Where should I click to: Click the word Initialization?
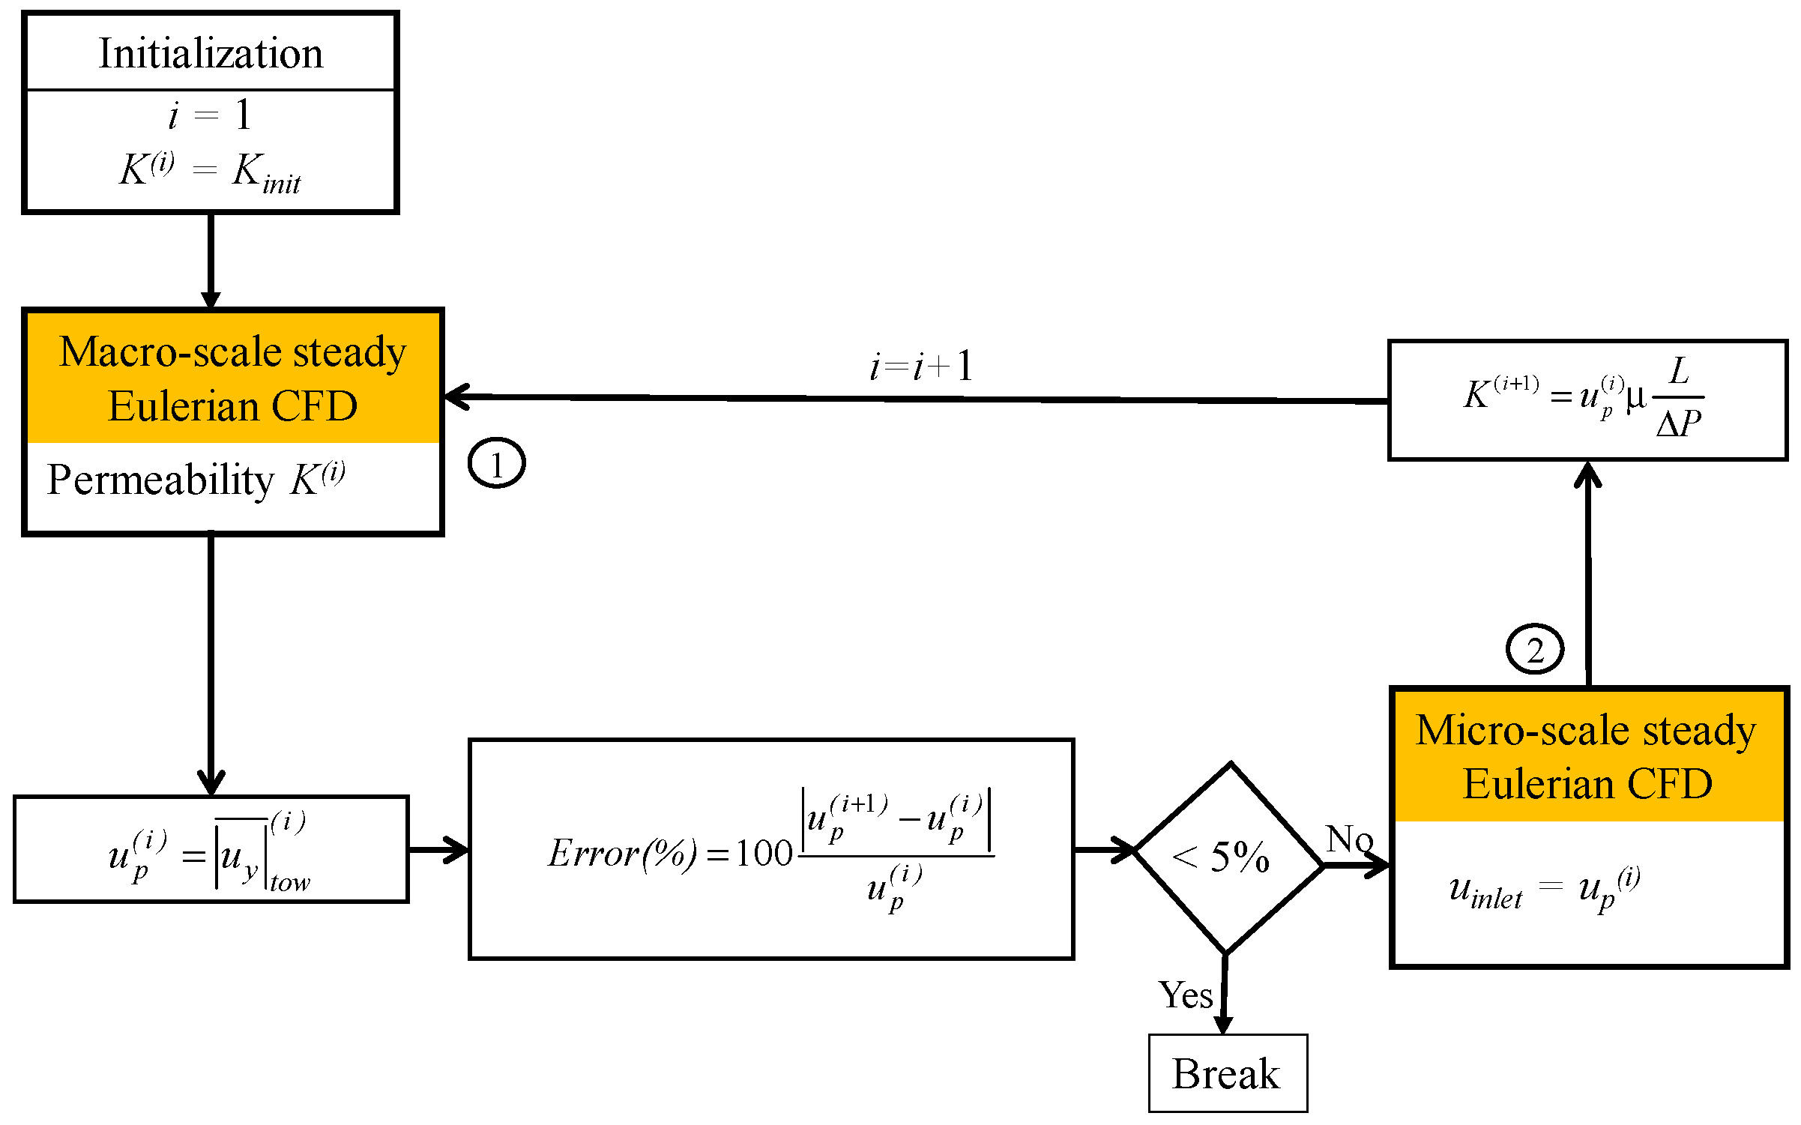click(x=211, y=54)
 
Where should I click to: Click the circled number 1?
click(x=496, y=463)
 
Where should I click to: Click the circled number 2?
click(x=1534, y=649)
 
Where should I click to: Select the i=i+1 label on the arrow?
click(x=921, y=367)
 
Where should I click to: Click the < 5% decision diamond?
click(x=1228, y=857)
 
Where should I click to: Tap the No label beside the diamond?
click(x=1348, y=839)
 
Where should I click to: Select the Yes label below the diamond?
click(x=1185, y=995)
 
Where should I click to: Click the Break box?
click(x=1228, y=1073)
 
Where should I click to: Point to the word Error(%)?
click(x=622, y=854)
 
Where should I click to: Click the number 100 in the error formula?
click(x=763, y=854)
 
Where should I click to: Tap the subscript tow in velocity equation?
click(x=290, y=883)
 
